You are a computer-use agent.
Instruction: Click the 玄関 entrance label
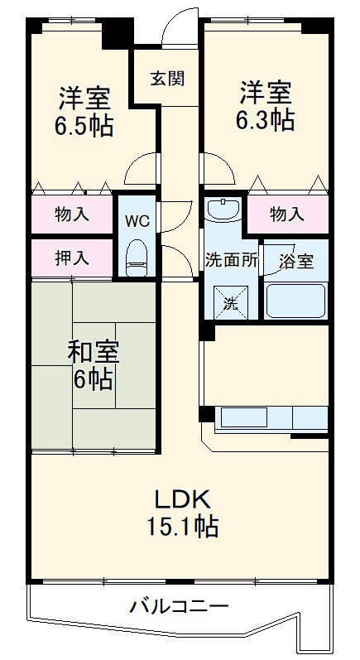166,79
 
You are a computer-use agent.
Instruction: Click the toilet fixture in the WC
135,258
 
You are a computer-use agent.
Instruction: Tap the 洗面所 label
232,258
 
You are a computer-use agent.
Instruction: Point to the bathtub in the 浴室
295,300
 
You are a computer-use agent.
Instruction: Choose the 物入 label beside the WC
72,215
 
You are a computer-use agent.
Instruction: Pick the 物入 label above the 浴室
287,215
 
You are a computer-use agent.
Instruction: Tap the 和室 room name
93,352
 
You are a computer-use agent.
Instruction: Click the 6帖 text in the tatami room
93,380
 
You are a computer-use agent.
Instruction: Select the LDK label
184,499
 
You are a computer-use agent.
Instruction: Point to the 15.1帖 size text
184,527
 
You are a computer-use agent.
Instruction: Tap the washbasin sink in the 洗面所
223,210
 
